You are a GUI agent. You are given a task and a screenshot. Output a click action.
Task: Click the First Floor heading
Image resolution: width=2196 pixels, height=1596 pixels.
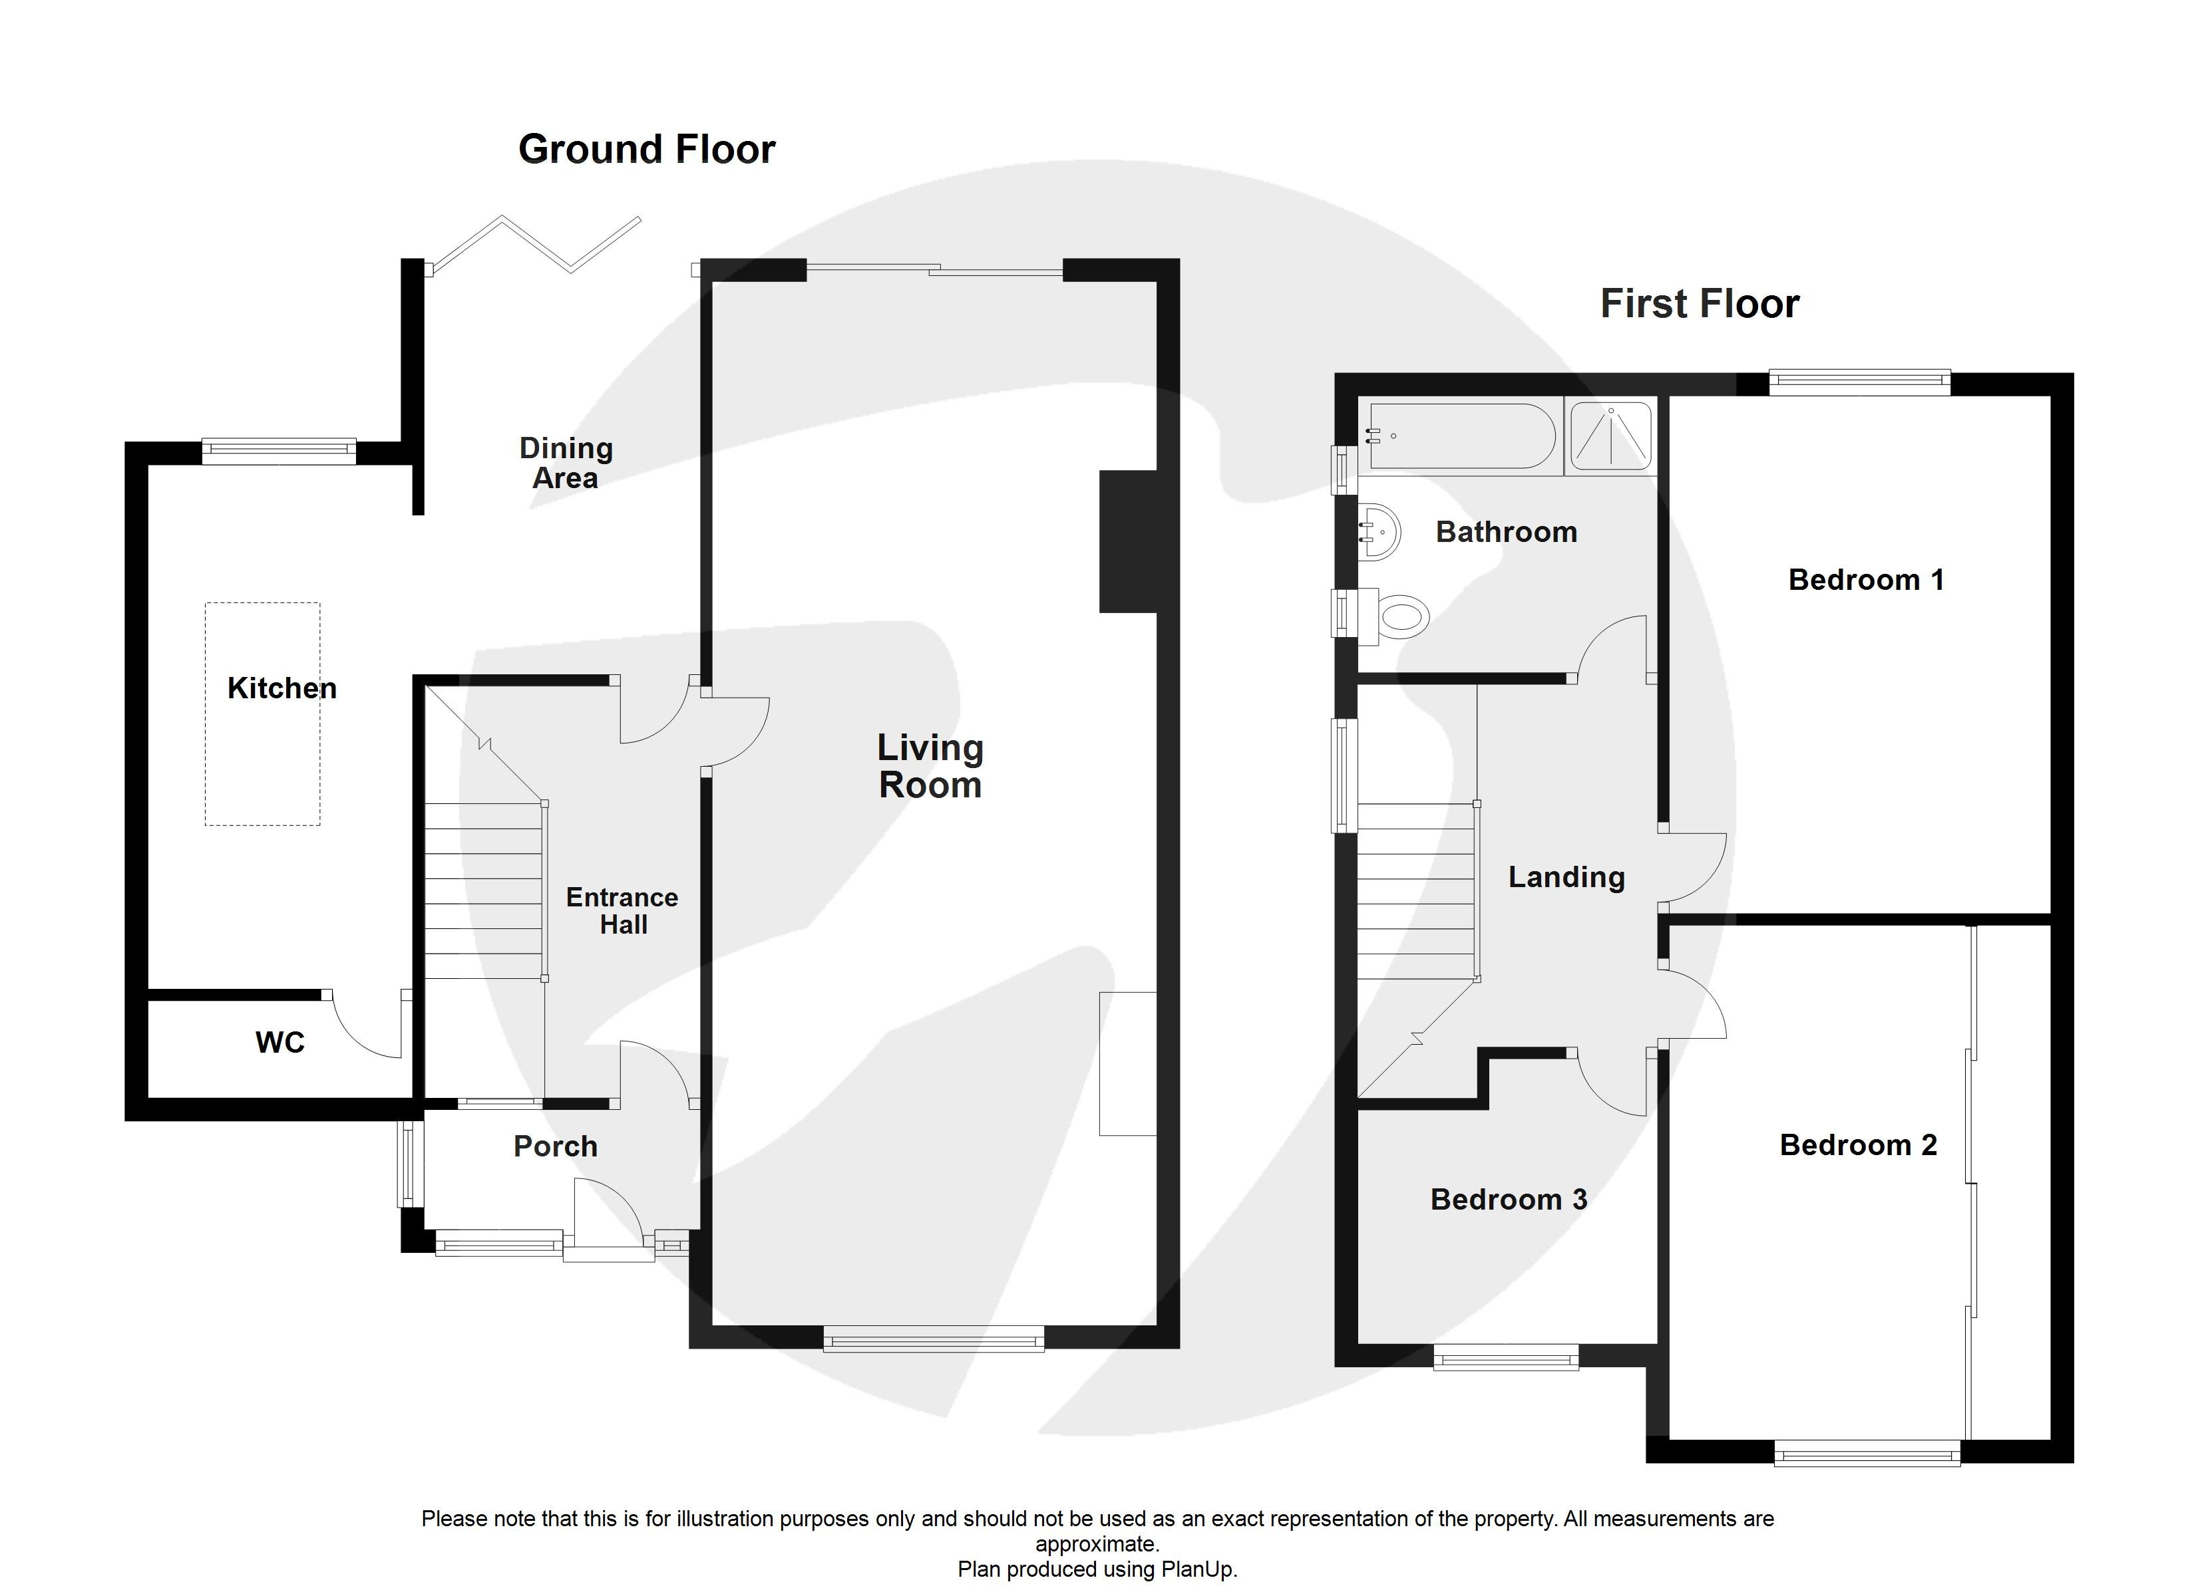click(1700, 304)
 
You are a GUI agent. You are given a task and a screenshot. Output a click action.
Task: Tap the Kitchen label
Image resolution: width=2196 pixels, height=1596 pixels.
click(281, 688)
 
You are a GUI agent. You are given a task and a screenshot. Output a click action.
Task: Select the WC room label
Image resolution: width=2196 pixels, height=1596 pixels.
click(280, 1042)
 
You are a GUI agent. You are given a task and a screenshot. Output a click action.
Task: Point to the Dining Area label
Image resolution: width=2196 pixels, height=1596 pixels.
click(566, 463)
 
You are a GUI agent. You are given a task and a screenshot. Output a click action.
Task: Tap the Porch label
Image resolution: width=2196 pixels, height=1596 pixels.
click(555, 1146)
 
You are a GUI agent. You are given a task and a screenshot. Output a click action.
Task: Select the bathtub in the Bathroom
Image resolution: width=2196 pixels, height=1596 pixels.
click(1459, 436)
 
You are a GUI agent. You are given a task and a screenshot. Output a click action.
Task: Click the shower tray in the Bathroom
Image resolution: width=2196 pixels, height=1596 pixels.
click(1609, 436)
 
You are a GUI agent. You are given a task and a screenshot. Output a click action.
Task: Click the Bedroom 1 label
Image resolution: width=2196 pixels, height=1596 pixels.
click(1865, 580)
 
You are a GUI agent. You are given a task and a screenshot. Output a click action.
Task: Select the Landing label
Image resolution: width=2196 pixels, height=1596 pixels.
click(1566, 877)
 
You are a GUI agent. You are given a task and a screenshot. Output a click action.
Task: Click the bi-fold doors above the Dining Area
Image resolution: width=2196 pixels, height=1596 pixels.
click(536, 244)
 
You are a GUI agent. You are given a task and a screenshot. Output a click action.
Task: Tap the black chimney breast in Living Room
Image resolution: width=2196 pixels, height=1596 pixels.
click(1128, 541)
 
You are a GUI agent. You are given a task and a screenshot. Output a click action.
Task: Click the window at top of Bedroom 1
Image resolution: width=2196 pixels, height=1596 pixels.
click(1859, 382)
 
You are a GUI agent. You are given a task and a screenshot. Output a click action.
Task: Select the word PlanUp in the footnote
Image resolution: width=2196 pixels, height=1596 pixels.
click(1200, 1570)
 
